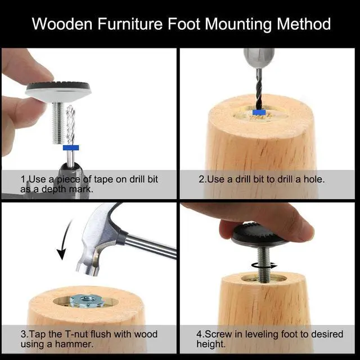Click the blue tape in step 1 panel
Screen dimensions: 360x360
(x=71, y=148)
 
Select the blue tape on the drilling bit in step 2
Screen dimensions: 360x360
(x=259, y=112)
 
